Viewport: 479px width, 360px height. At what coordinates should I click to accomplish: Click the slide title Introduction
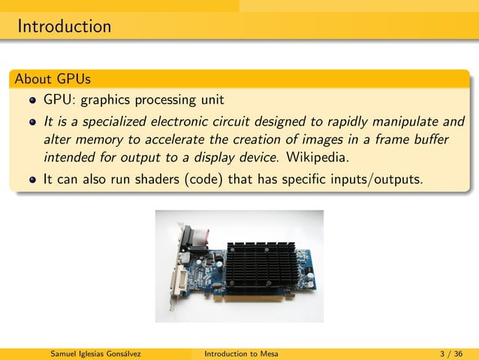(65, 27)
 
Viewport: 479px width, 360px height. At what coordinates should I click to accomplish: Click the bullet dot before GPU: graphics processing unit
(32, 100)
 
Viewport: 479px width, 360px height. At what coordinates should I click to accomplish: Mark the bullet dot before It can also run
(32, 180)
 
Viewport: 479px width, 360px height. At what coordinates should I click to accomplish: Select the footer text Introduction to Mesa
(241, 353)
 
